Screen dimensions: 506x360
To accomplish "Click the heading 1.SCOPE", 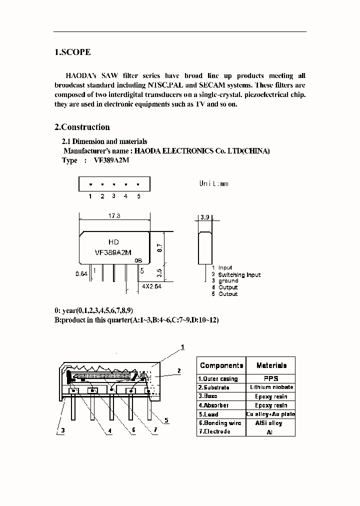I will [x=72, y=52].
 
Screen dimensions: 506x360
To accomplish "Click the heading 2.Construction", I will [x=82, y=127].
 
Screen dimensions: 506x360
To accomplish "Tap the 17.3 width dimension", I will [x=114, y=216].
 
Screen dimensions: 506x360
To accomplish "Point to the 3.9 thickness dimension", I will [x=204, y=218].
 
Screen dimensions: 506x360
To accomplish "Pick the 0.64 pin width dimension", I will [x=81, y=274].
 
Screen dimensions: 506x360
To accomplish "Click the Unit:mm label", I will [x=213, y=183].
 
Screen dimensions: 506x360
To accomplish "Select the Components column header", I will [x=221, y=365].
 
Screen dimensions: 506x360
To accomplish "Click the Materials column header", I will [x=271, y=365].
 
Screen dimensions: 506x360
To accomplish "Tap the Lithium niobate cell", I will [x=271, y=387].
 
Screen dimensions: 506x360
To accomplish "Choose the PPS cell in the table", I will [x=271, y=378].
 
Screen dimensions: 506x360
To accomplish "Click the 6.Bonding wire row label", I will [x=220, y=423].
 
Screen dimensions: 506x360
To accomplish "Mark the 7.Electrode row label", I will [x=214, y=431].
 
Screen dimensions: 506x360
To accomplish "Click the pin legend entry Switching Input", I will [x=239, y=274].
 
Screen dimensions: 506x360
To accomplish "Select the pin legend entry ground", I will [x=228, y=281].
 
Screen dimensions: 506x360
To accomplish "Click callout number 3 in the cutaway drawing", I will [x=63, y=430].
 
